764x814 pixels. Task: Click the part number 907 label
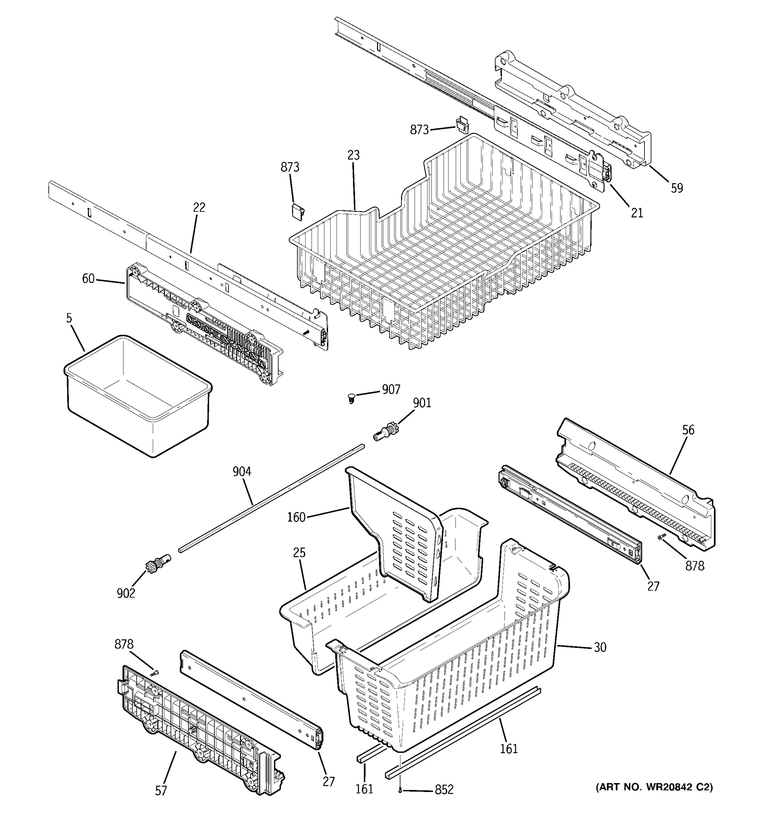[391, 389]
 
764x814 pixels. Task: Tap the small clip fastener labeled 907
[351, 398]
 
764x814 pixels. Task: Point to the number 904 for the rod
[242, 472]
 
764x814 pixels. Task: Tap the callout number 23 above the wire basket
[353, 155]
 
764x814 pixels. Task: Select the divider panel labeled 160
[394, 532]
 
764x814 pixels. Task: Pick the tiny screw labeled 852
[400, 791]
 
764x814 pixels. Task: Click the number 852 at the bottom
[444, 790]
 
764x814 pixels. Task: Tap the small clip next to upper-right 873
[462, 124]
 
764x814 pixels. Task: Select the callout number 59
[677, 188]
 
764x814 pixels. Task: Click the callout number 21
[637, 213]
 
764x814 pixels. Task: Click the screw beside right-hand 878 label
[661, 538]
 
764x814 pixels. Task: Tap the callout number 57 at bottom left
[161, 791]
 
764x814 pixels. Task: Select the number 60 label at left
[88, 279]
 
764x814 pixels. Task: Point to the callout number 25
[299, 553]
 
